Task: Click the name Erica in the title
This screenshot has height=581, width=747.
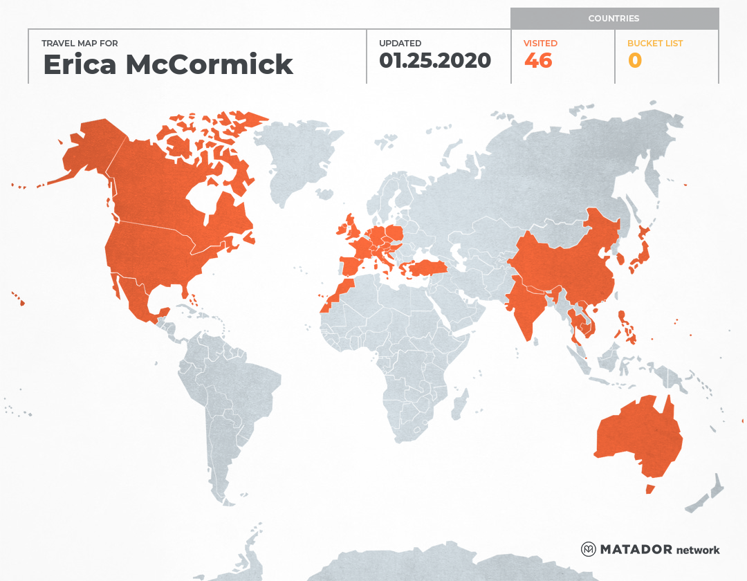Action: click(x=81, y=64)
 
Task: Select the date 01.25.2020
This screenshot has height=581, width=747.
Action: click(x=435, y=61)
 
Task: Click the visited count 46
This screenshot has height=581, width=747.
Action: click(x=538, y=61)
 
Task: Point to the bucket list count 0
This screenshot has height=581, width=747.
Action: click(x=634, y=61)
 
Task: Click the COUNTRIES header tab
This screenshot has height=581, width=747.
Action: click(x=614, y=19)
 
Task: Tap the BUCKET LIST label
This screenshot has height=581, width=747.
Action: click(x=654, y=43)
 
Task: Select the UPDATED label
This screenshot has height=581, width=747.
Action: click(x=400, y=43)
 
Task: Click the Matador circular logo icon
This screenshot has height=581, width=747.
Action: click(x=588, y=549)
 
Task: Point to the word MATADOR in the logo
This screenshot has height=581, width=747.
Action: click(x=636, y=550)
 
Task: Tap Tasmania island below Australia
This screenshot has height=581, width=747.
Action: click(x=649, y=489)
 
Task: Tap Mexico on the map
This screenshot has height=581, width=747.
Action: click(x=138, y=297)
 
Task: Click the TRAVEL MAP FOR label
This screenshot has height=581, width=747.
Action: click(x=80, y=44)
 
